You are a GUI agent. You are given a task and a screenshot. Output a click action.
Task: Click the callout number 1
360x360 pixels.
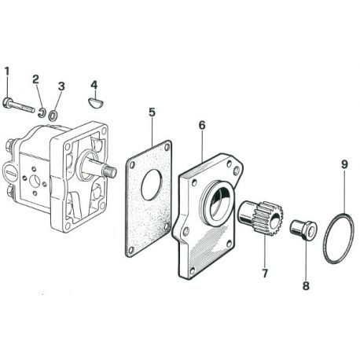tap(7, 72)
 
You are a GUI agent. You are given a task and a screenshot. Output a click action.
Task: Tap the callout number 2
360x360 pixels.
tap(35, 79)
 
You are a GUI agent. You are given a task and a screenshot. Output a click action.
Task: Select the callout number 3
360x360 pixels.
tap(61, 86)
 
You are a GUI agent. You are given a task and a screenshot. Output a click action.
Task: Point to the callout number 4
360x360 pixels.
tap(94, 85)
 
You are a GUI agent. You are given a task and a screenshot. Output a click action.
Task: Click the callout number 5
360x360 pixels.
tap(152, 112)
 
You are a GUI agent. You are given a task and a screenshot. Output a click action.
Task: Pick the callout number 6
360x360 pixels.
tap(202, 125)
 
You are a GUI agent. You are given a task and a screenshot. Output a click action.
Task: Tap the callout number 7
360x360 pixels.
tap(265, 274)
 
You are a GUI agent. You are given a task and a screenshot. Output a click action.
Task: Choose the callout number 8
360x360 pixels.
tap(306, 285)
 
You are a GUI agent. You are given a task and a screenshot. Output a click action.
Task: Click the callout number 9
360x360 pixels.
tap(344, 164)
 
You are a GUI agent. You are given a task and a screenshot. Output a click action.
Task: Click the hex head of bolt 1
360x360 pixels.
tap(7, 102)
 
